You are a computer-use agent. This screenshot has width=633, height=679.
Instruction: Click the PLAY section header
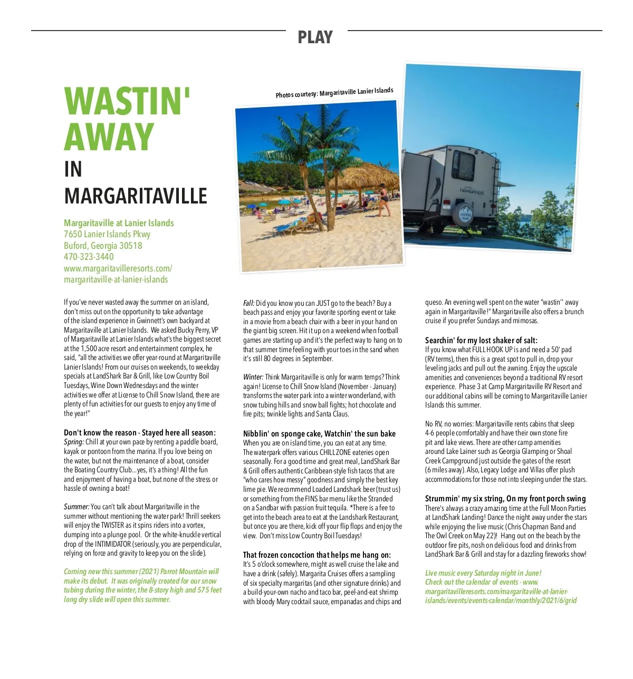[315, 37]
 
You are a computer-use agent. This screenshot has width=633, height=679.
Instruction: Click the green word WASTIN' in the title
[127, 101]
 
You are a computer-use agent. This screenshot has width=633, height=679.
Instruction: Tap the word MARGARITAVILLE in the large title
[136, 196]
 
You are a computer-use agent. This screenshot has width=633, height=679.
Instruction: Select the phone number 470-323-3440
[89, 257]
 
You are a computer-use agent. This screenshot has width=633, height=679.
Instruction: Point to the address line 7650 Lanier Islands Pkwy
[107, 234]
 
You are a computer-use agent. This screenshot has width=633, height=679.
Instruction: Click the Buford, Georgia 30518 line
[103, 246]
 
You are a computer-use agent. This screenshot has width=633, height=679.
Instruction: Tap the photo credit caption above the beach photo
[334, 93]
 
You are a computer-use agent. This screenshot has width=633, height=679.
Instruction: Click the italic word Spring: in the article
[74, 442]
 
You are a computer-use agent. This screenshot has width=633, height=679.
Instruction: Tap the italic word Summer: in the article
[76, 507]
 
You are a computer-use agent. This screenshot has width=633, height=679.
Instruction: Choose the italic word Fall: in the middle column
[249, 303]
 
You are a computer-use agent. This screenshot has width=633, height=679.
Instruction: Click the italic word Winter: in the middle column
[253, 377]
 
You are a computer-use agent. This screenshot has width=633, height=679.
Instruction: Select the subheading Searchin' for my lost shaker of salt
[481, 341]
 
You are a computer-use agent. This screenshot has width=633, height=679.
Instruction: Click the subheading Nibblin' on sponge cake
[319, 434]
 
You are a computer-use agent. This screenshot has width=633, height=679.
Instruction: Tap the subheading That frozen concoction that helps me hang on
[316, 555]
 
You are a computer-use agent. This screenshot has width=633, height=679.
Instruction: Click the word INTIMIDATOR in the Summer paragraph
[113, 544]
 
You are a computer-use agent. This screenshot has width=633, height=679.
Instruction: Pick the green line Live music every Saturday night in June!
[483, 573]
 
